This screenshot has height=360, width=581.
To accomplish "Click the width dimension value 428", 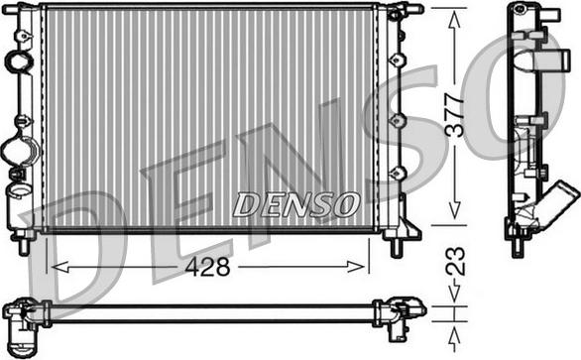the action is point(207,267).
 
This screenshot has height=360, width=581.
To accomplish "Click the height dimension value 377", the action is point(455,116).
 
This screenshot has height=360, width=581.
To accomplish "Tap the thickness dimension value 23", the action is point(455,261).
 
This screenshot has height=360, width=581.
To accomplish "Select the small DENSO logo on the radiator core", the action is point(296,204).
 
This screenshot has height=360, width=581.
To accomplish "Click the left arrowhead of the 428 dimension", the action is point(60,267).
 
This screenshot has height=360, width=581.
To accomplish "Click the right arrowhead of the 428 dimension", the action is point(356,267).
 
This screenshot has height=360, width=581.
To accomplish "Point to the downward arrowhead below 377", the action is point(455,210).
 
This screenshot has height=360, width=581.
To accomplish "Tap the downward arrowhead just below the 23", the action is point(455,293).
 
